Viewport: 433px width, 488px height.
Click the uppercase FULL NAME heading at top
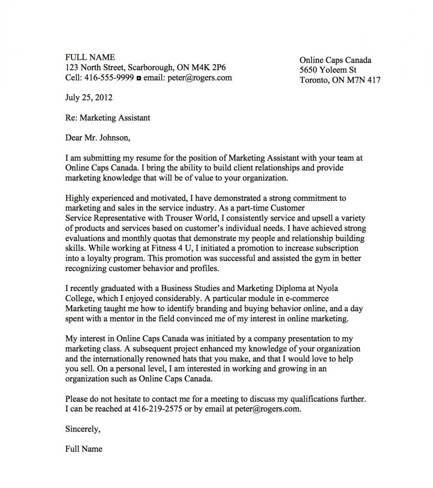pyautogui.click(x=90, y=57)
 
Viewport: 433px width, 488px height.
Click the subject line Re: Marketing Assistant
pyautogui.click(x=108, y=118)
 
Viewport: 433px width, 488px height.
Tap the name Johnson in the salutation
pyautogui.click(x=111, y=138)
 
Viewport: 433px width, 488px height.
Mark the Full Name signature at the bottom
pyautogui.click(x=83, y=449)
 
